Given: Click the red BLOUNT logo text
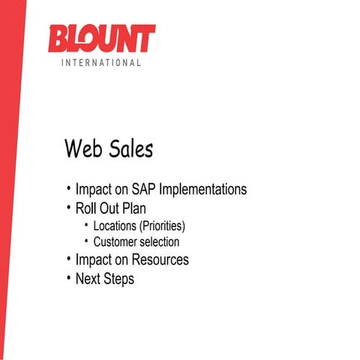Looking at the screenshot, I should point(101,38).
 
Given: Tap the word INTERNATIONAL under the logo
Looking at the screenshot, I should point(101,63).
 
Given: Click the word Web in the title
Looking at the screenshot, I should point(82,148).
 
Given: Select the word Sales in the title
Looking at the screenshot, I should point(128,148).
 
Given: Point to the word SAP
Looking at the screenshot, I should point(145,190).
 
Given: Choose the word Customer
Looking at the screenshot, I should point(116,242).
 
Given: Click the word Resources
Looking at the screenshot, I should point(160,260).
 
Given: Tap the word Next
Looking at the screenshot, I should point(88,279).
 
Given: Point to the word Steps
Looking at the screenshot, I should point(119,279).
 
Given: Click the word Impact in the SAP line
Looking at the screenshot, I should point(92,190).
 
